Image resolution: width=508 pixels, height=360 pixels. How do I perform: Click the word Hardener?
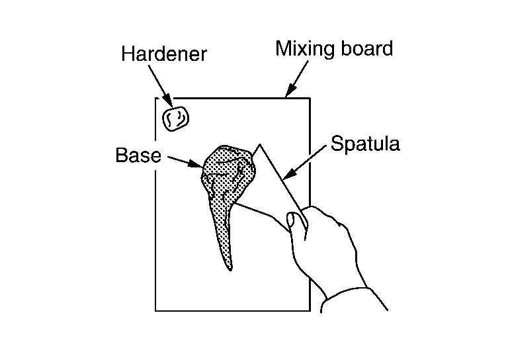click(163, 54)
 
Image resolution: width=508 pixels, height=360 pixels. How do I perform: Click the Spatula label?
click(365, 144)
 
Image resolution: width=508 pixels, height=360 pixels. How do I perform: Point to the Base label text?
click(138, 156)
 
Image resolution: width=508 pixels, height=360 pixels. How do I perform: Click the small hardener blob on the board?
click(175, 118)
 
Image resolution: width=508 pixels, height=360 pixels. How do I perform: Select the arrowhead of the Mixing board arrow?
click(288, 94)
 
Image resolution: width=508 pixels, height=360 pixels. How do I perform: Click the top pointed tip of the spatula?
click(261, 144)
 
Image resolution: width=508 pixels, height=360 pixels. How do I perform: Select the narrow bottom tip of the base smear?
click(230, 268)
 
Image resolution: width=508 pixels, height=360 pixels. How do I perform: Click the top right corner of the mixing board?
click(310, 99)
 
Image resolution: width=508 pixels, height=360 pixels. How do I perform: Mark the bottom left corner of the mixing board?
click(156, 310)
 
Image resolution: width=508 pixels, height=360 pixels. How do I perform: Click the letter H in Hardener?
click(128, 54)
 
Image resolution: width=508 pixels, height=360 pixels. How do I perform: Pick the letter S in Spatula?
click(336, 144)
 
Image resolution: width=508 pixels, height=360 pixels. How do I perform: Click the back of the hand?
click(331, 245)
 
